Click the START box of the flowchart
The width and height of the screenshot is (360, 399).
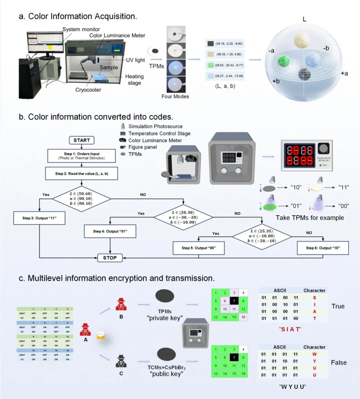(82, 140)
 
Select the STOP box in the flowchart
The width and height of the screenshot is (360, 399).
(110, 257)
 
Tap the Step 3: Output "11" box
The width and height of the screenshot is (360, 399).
(39, 218)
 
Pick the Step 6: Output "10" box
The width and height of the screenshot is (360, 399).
(323, 248)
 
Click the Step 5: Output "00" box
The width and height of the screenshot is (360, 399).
(199, 248)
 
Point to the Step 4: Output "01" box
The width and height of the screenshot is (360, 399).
(110, 231)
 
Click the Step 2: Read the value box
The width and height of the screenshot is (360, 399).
(82, 174)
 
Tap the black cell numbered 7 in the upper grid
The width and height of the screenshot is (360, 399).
(234, 301)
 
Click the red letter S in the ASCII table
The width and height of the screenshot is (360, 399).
(314, 298)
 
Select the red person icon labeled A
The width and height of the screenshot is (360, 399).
(85, 329)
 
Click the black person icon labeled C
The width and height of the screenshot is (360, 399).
(121, 361)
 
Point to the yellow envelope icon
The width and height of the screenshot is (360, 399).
(101, 336)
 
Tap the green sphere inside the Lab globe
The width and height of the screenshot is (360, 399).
(284, 61)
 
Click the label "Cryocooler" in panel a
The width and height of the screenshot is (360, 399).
(88, 90)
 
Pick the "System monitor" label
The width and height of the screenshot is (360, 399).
(81, 29)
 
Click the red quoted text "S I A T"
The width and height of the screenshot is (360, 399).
(290, 329)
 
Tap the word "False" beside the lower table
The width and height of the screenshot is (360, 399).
(339, 362)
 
